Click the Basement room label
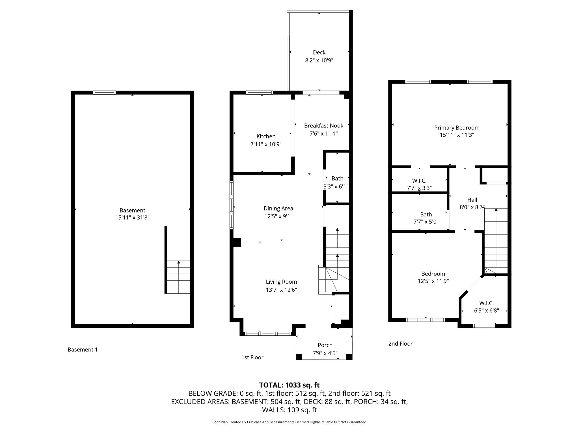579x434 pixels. (132, 211)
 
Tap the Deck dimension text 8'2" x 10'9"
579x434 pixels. (319, 60)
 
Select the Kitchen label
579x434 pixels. (266, 136)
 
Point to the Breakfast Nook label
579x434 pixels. (324, 125)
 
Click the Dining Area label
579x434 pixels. (278, 209)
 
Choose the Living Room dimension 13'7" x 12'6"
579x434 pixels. (281, 290)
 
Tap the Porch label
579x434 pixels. (325, 345)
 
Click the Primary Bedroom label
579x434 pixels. (457, 128)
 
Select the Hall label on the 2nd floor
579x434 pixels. (472, 200)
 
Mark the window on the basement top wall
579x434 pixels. (105, 92)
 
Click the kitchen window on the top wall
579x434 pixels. (260, 92)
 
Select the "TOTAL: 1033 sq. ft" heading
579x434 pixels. (289, 385)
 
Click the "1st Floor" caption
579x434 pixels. (252, 357)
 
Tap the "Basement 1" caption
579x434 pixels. (83, 350)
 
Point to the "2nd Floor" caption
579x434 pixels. (400, 344)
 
